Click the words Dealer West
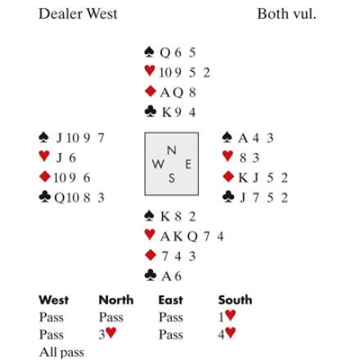pyautogui.click(x=78, y=14)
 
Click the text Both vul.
pyautogui.click(x=286, y=14)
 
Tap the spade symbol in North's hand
pyautogui.click(x=149, y=52)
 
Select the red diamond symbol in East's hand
pyautogui.click(x=228, y=177)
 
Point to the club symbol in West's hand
pyautogui.click(x=45, y=196)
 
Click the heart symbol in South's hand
pyautogui.click(x=150, y=235)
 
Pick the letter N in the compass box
pyautogui.click(x=171, y=150)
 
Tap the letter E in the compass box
pyautogui.click(x=188, y=164)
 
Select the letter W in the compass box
pyautogui.click(x=158, y=164)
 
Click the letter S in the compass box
pyautogui.click(x=172, y=178)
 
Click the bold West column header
pyautogui.click(x=53, y=299)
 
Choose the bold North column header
pyautogui.click(x=116, y=299)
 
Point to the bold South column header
pyautogui.click(x=235, y=299)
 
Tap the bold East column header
pyautogui.click(x=171, y=299)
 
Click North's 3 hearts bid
pyautogui.click(x=107, y=334)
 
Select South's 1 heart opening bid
pyautogui.click(x=227, y=317)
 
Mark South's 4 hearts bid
pyautogui.click(x=227, y=334)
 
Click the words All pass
pyautogui.click(x=61, y=352)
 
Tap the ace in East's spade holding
pyautogui.click(x=243, y=138)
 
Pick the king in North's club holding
pyautogui.click(x=166, y=112)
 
